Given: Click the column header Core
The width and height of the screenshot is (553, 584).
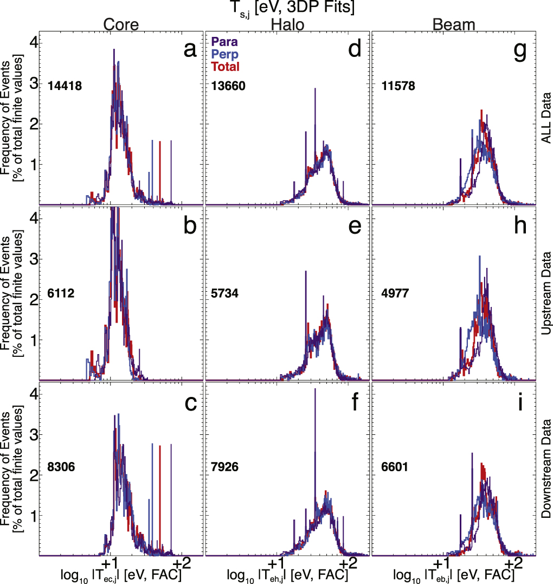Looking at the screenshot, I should coord(121,25).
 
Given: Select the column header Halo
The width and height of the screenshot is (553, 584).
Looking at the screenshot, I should coord(287,25).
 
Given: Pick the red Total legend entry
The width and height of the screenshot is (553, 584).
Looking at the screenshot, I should coord(224,66).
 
